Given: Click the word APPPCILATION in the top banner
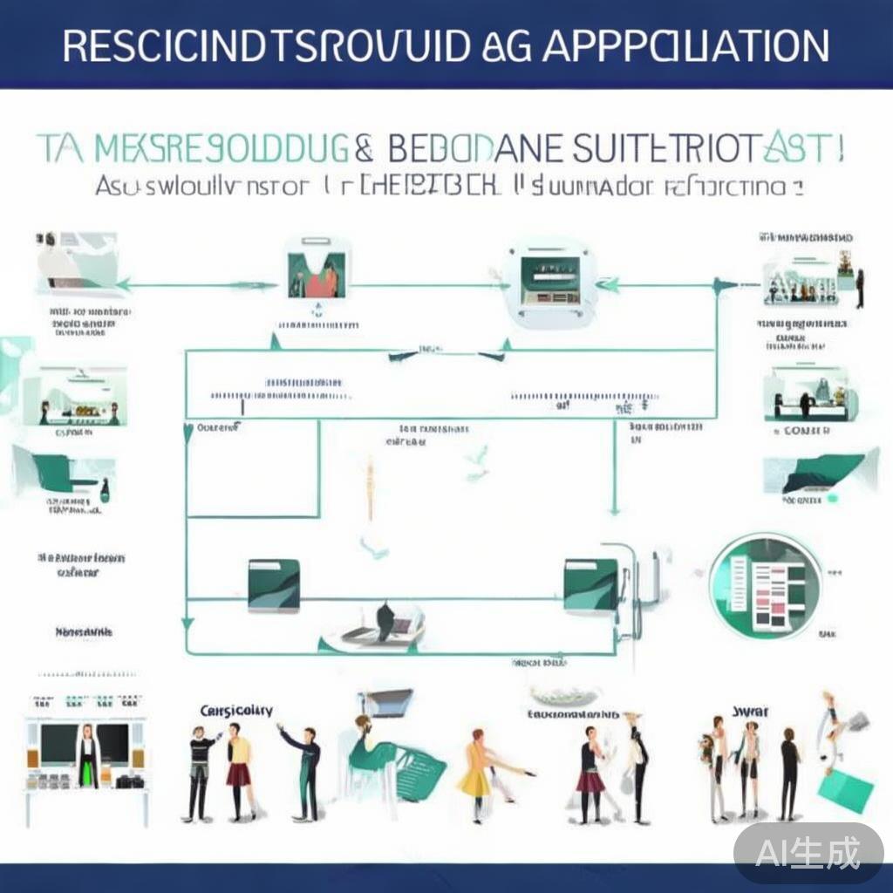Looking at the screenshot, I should [x=685, y=46].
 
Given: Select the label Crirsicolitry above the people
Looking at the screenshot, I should [x=235, y=711].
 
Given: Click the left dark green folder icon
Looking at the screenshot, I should [x=274, y=584].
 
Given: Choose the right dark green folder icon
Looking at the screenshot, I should [x=591, y=584].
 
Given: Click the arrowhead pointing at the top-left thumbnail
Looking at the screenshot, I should [x=121, y=284].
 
